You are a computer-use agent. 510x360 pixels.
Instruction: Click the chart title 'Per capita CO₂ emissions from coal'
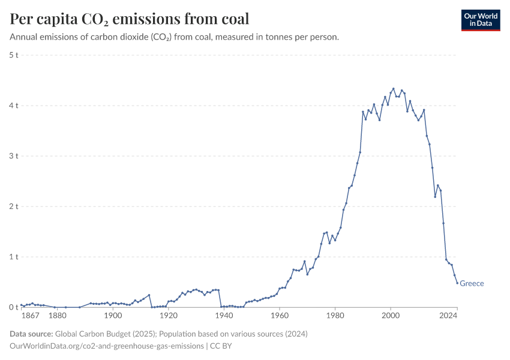130,19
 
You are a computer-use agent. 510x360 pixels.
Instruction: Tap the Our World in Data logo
480,20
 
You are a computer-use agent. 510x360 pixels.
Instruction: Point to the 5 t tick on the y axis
14,55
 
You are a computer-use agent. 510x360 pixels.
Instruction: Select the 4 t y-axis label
14,106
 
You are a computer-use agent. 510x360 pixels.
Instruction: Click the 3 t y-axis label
14,156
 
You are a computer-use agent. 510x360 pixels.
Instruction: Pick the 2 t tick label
14,206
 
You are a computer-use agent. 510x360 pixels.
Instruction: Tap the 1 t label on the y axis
14,257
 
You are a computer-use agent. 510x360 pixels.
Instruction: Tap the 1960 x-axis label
280,316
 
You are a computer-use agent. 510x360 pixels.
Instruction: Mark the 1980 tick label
335,316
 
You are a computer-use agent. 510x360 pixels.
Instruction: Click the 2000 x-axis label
391,316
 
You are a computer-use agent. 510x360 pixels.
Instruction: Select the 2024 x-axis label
457,316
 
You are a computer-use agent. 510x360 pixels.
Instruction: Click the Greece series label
472,284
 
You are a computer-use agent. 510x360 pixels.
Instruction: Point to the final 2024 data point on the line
457,283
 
